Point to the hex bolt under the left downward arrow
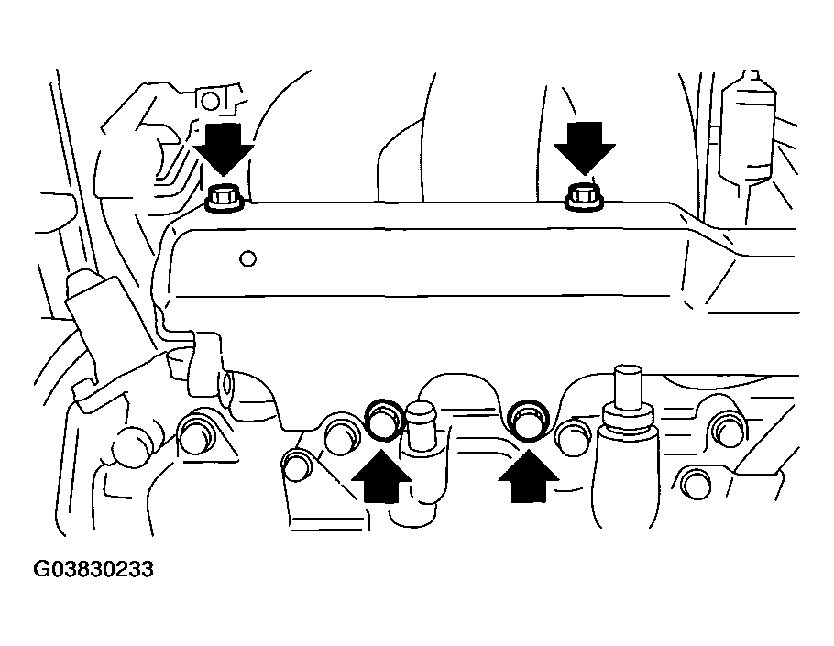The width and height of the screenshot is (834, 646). pyautogui.click(x=224, y=197)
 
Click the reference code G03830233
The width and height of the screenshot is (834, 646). pyautogui.click(x=93, y=570)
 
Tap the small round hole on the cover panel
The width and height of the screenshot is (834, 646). pyautogui.click(x=247, y=258)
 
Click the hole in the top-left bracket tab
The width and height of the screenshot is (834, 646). pyautogui.click(x=211, y=99)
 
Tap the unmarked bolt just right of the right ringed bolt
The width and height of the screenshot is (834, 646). pyautogui.click(x=573, y=437)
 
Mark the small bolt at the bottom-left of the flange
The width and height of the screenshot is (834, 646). pyautogui.click(x=296, y=465)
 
